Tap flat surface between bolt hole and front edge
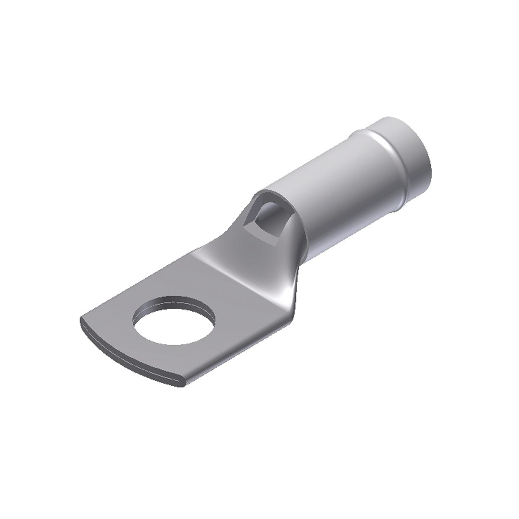click(x=152, y=355)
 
